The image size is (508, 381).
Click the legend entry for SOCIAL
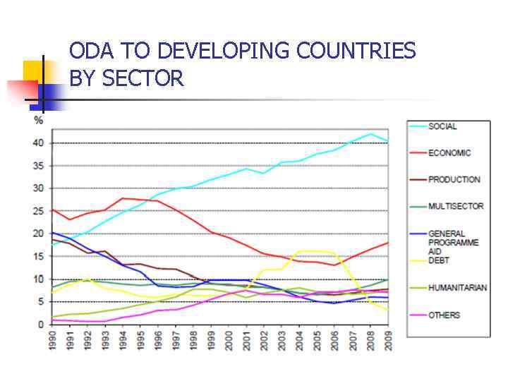(442, 126)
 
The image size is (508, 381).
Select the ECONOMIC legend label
(449, 153)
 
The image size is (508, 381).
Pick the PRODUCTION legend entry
(454, 180)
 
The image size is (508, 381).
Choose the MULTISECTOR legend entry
(456, 206)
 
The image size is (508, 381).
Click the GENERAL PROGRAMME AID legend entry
(453, 242)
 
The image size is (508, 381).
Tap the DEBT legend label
(439, 260)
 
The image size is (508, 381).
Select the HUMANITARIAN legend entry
(456, 288)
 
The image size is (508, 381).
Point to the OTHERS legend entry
(444, 315)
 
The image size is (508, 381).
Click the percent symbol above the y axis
(39, 120)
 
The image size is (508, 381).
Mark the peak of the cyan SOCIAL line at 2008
(371, 133)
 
